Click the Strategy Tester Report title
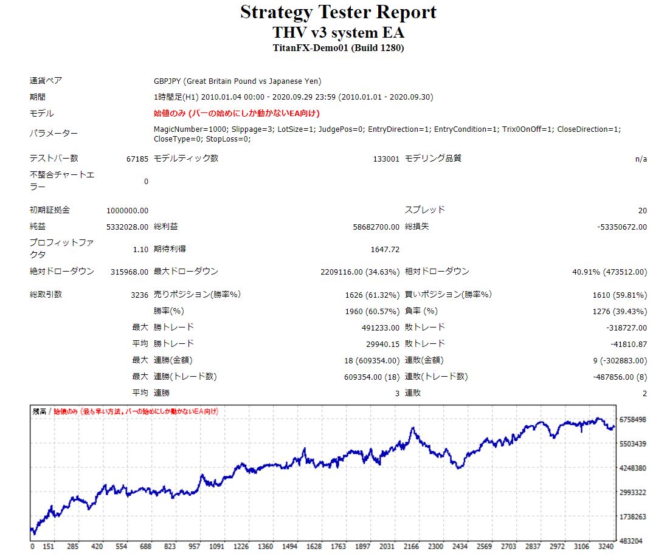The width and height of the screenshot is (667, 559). [x=338, y=12]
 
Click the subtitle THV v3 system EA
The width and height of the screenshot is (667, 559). [x=338, y=32]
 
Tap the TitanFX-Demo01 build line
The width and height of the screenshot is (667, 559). [x=338, y=48]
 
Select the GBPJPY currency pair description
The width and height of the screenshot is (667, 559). [x=238, y=81]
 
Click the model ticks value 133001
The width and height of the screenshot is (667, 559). [x=386, y=159]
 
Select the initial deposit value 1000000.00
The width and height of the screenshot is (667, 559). [x=127, y=211]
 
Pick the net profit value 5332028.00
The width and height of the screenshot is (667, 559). [x=127, y=227]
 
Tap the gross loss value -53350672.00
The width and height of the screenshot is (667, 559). [x=622, y=227]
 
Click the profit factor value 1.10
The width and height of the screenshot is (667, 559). [x=140, y=249]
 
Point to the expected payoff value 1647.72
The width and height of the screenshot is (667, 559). [x=384, y=249]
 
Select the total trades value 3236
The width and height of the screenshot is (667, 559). [x=139, y=295]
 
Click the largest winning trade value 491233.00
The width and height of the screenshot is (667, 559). [x=381, y=328]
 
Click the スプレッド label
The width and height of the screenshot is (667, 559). [x=425, y=210]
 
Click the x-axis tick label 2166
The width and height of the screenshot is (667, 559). [x=412, y=547]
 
